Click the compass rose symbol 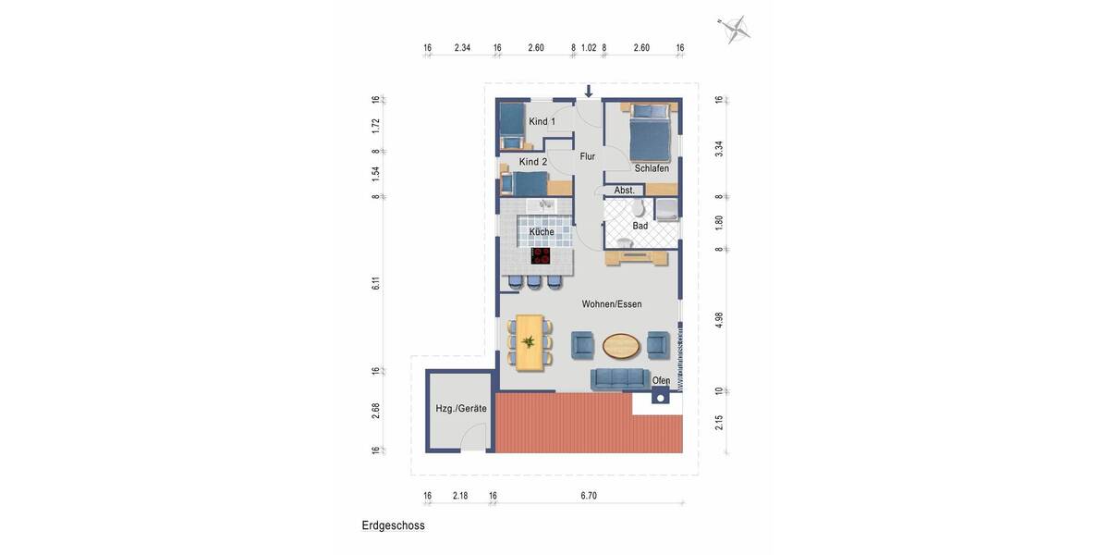point(736,30)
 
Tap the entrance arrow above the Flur point(589,92)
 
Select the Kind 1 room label point(542,122)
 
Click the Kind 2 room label point(533,162)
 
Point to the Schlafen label point(652,168)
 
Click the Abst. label point(625,191)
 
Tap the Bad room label point(640,226)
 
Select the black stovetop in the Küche point(541,255)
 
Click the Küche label point(542,231)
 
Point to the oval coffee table point(620,346)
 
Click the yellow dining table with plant point(529,342)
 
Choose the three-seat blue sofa point(618,377)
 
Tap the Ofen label point(661,381)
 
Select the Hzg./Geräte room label point(461,408)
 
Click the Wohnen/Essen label point(612,304)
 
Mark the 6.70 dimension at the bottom point(589,496)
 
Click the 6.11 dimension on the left point(376,284)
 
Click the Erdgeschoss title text point(393,525)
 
